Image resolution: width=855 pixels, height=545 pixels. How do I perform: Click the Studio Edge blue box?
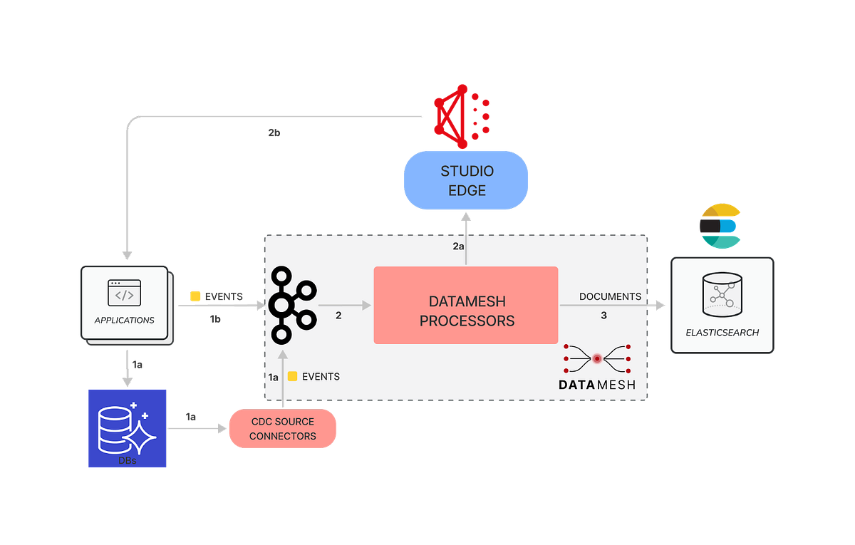pos(466,180)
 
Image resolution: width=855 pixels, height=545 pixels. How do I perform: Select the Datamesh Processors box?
pos(466,305)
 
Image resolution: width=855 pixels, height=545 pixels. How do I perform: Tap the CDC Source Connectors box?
pos(282,429)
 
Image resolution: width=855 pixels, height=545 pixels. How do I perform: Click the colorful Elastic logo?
pos(720,226)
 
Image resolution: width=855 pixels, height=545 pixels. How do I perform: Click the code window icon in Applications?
pos(125,293)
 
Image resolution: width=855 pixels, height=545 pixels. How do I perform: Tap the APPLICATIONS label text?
pos(125,321)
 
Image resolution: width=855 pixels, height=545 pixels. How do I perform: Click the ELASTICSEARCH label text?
pos(722,332)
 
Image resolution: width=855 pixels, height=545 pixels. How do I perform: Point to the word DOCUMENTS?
pos(610,296)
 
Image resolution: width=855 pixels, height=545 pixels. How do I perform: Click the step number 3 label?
pos(603,315)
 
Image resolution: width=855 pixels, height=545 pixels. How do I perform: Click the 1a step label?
pos(274,377)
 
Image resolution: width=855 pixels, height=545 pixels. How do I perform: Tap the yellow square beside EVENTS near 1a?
pos(292,376)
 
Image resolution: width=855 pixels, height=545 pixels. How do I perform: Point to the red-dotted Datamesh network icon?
pos(597,359)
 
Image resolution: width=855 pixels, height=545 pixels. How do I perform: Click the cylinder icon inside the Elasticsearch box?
pos(722,294)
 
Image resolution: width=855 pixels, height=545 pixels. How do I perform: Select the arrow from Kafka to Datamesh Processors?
pos(349,306)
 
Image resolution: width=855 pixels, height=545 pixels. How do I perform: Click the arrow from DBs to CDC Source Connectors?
pos(196,430)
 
